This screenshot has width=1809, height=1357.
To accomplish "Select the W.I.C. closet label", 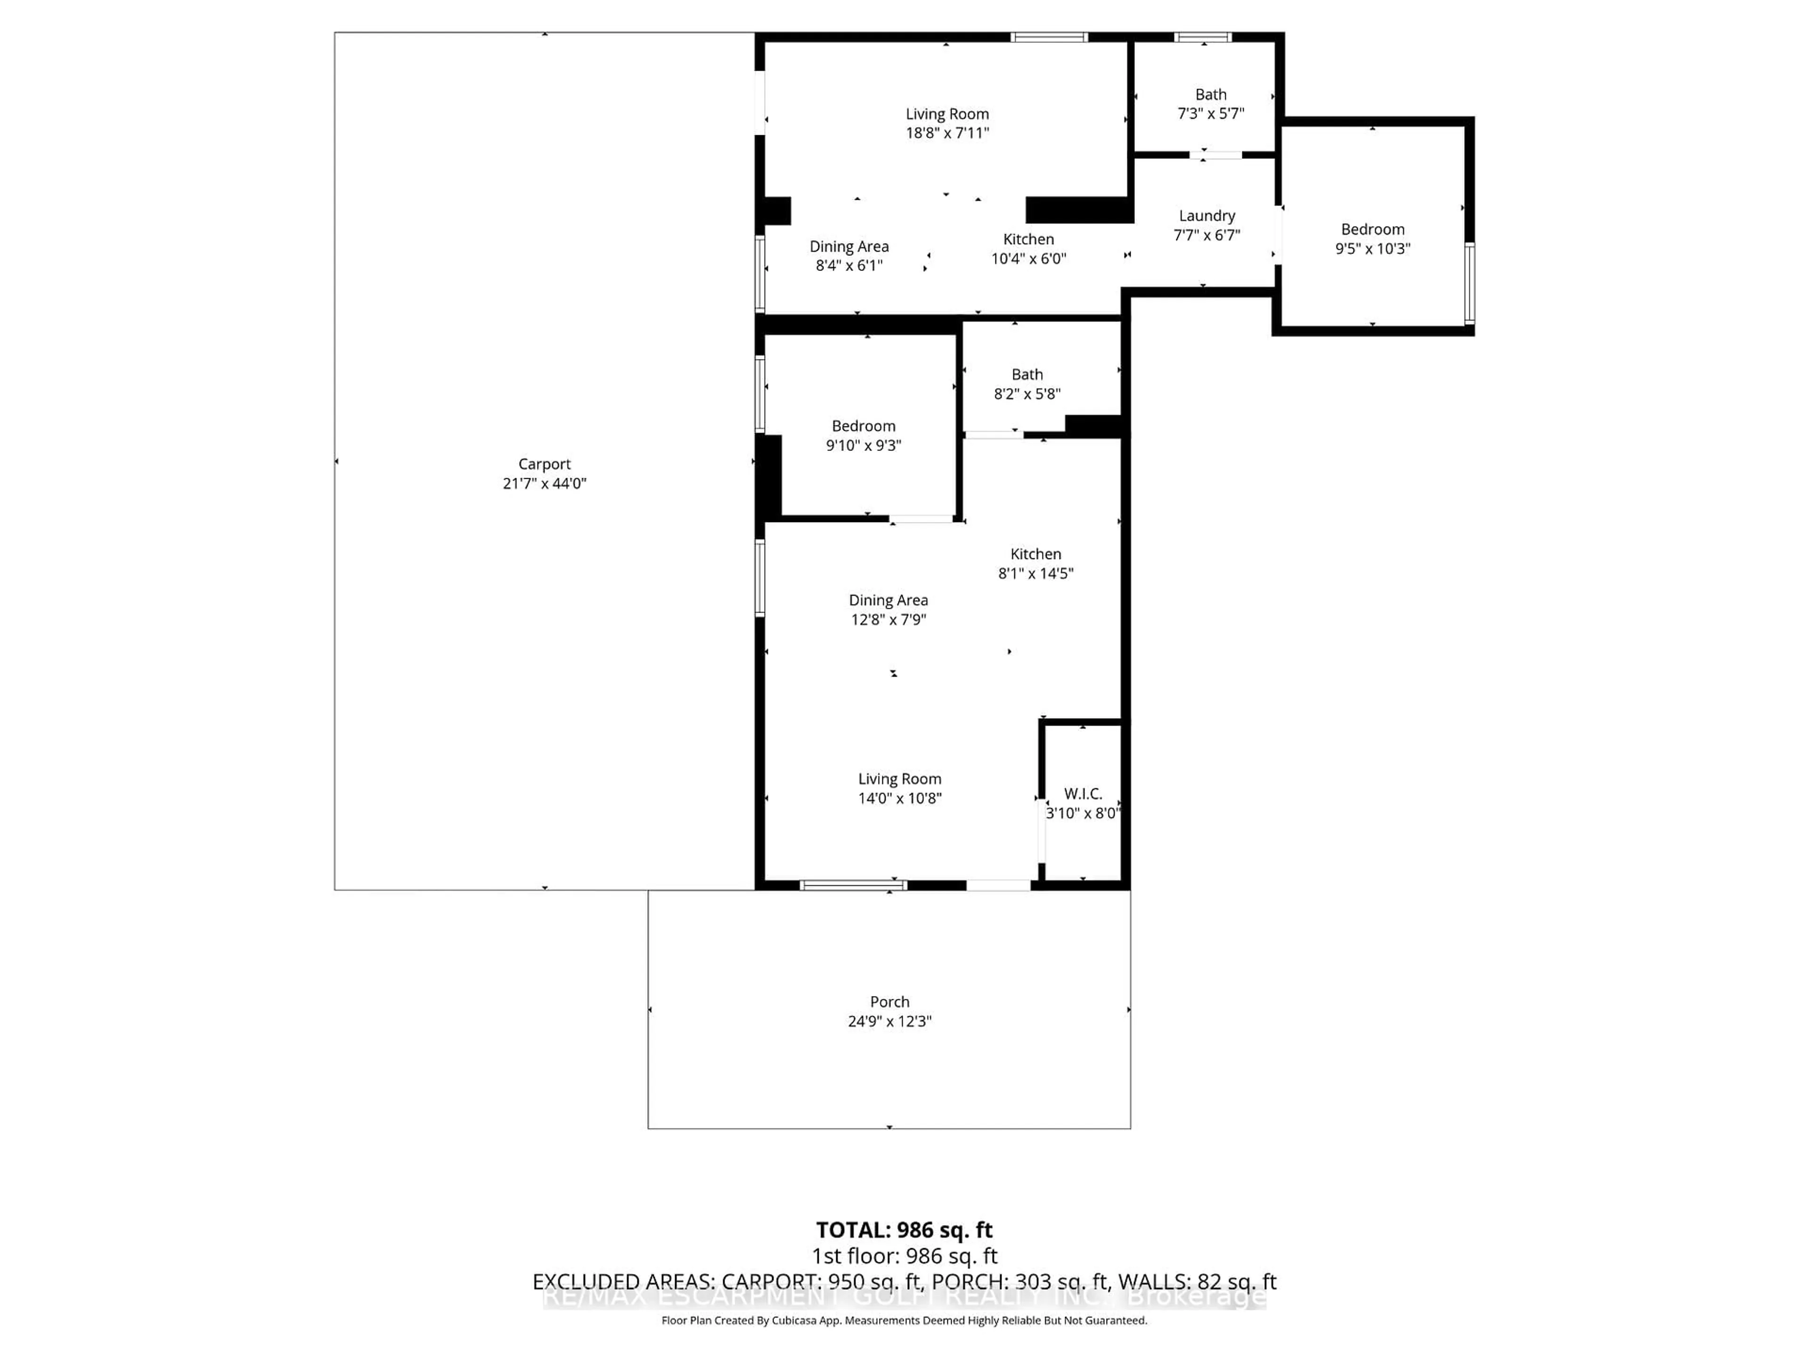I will coord(1082,793).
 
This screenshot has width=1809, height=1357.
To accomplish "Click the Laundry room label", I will coord(1206,216).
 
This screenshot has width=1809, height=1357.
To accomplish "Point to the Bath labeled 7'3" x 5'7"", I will coord(1210,104).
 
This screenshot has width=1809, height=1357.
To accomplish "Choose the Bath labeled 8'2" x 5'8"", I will coord(1027,384).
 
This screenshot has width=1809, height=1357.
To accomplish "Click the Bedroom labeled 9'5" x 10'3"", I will coord(1372,239).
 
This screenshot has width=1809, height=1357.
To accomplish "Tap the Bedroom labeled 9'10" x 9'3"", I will coord(864,435).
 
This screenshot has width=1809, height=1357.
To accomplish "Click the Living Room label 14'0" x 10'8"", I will coord(900,788).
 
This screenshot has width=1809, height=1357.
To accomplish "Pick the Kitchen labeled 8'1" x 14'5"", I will coord(1035,564).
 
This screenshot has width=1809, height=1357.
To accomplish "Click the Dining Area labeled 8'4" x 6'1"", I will coord(849,255).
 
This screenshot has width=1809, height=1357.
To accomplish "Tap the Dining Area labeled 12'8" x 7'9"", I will coord(888,609).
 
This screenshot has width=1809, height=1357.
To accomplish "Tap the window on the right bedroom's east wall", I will coord(1470,282).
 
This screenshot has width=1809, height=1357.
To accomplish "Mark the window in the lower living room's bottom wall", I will coord(853,884).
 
